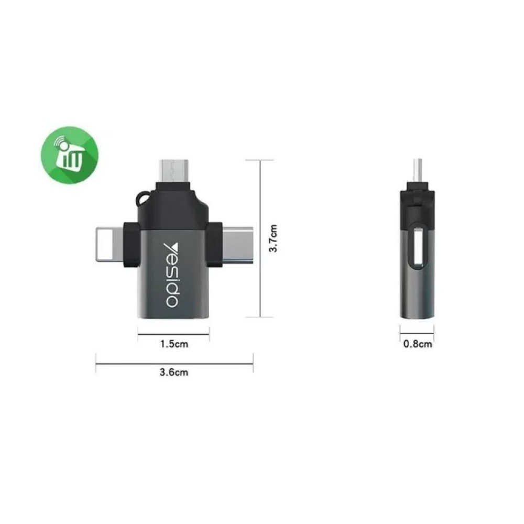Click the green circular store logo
pos(70,155)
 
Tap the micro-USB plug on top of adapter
pos(174,170)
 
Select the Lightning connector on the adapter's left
pos(110,244)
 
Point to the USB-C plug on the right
pos(237,245)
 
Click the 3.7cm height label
pos(273,238)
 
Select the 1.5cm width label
pos(174,344)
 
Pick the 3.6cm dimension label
pos(174,372)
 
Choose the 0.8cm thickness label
pos(418,344)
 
